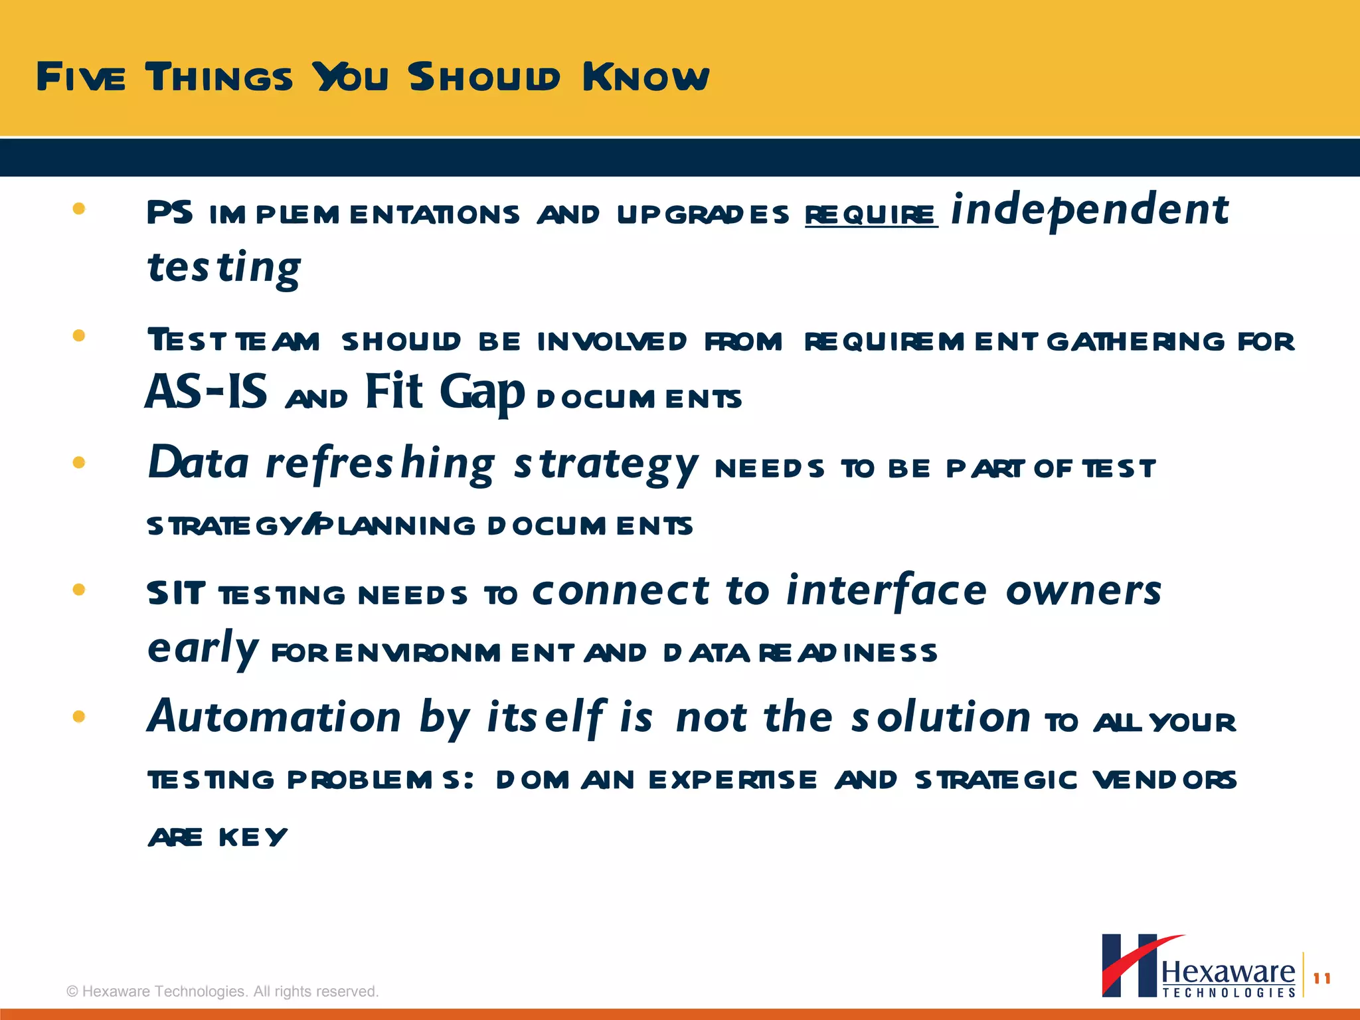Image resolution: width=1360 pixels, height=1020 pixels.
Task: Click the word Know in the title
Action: [645, 77]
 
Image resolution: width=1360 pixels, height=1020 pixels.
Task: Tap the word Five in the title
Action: [80, 77]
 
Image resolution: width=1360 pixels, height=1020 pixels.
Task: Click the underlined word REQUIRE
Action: [871, 214]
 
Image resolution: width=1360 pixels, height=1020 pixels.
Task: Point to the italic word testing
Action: [224, 268]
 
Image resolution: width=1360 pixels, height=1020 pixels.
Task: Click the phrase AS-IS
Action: [207, 392]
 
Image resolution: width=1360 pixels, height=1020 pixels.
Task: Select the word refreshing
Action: [381, 463]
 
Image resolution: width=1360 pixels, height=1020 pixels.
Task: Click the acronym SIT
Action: [176, 593]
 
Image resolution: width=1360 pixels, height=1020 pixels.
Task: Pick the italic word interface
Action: [887, 590]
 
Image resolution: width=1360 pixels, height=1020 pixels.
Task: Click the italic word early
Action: [202, 649]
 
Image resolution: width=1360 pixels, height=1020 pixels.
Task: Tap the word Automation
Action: [274, 718]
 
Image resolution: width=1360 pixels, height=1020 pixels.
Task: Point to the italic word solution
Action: [941, 718]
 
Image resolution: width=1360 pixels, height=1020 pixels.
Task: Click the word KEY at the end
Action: [253, 837]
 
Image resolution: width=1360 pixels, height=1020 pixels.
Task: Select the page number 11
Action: [1321, 978]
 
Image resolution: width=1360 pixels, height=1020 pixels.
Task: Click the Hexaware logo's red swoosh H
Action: [1130, 966]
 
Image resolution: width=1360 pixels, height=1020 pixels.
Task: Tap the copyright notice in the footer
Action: [222, 991]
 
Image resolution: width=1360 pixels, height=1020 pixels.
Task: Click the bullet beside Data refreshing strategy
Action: [79, 462]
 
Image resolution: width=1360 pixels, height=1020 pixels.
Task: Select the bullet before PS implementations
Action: [79, 209]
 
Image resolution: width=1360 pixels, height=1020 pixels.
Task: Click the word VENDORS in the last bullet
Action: [1164, 780]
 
